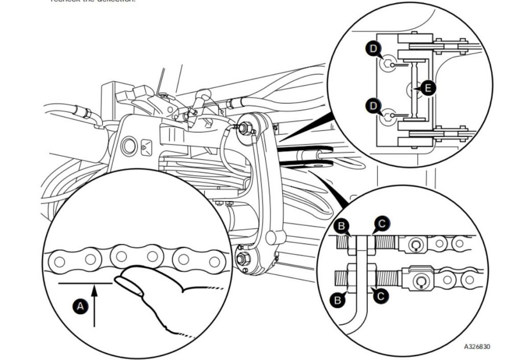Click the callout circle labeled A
(x=80, y=306)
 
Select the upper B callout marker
(x=341, y=226)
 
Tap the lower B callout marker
(x=337, y=300)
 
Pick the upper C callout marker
(x=382, y=223)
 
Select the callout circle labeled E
(x=428, y=88)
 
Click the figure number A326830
(x=477, y=347)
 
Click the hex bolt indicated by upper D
(x=389, y=65)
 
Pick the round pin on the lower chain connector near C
(x=422, y=281)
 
